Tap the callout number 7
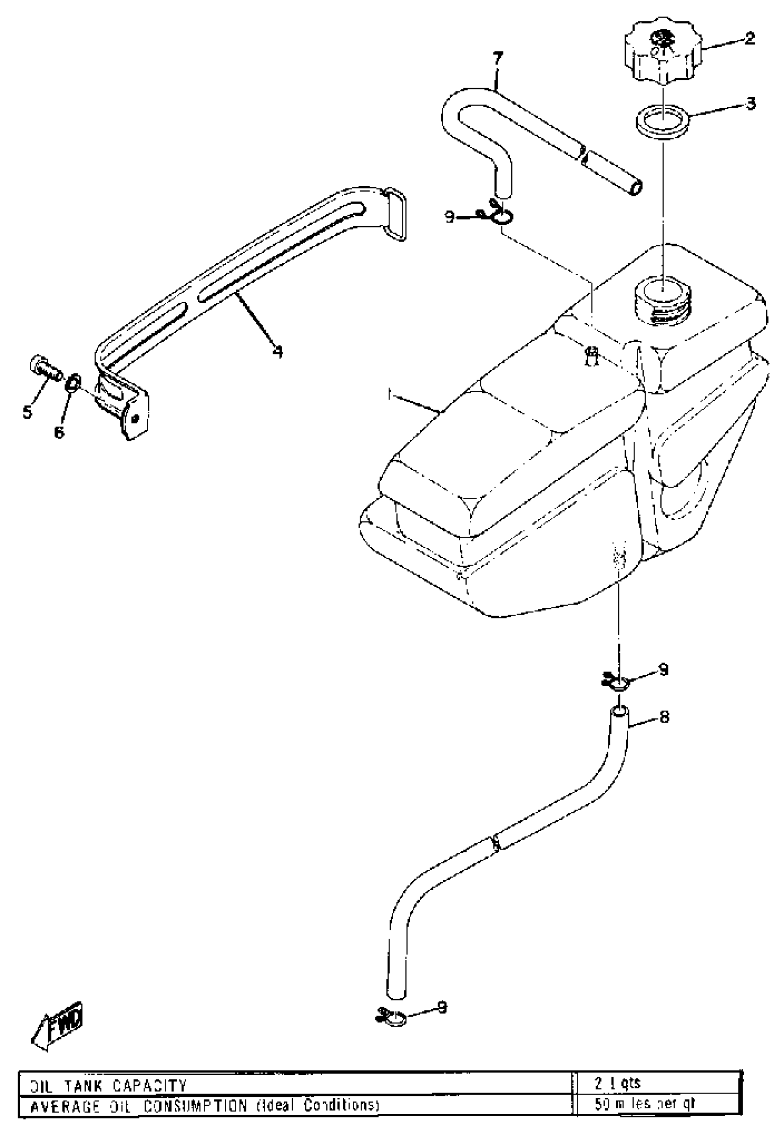tap(498, 59)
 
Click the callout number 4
tap(278, 352)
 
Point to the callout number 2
tap(749, 39)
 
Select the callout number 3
tap(751, 104)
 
